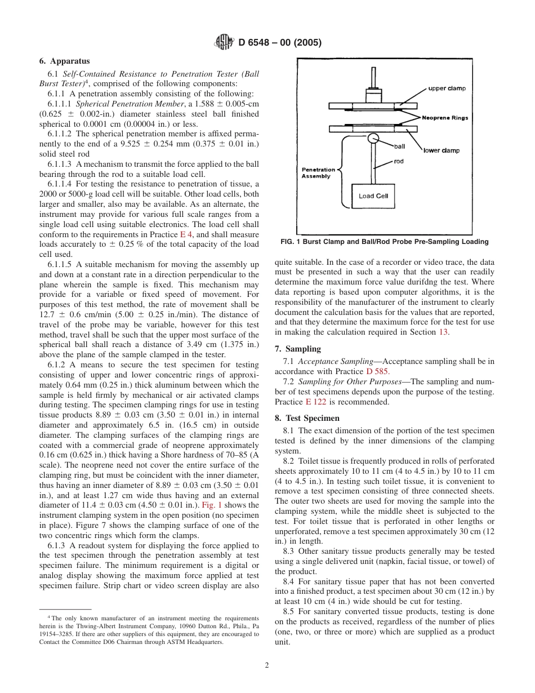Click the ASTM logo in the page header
(x=224, y=42)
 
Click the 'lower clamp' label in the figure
(x=441, y=150)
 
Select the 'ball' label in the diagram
(x=399, y=146)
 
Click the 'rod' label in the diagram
(x=398, y=161)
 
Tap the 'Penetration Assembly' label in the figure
(x=318, y=172)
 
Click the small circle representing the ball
(x=373, y=138)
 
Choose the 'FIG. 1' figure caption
(x=384, y=242)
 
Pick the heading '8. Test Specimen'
(x=307, y=418)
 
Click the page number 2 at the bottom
(x=267, y=665)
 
